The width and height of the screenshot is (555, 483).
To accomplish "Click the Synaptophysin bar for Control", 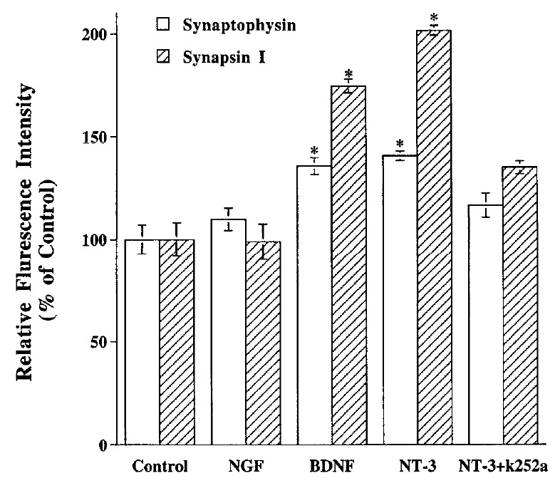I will [142, 342].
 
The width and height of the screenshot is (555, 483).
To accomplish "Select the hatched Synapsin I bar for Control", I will [176, 342].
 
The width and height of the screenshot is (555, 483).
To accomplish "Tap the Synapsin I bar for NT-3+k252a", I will [519, 306].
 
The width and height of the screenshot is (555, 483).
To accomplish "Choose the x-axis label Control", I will [159, 468].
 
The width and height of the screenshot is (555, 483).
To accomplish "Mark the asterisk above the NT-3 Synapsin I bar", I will [433, 18].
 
